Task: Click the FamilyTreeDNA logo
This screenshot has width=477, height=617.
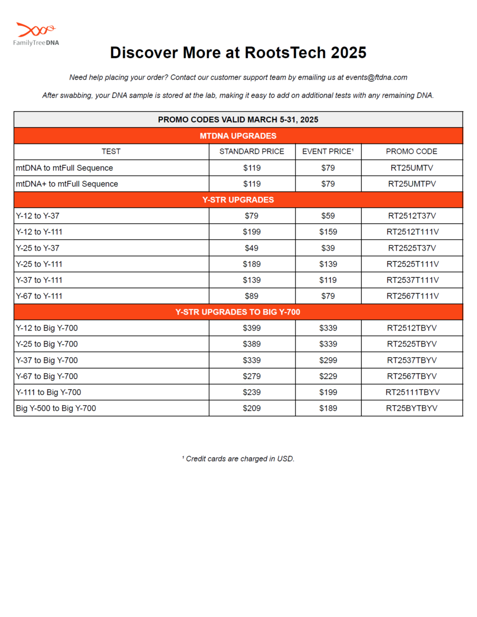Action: [x=36, y=34]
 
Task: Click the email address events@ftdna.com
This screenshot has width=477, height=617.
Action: [x=376, y=78]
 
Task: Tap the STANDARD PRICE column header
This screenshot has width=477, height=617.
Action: [x=252, y=152]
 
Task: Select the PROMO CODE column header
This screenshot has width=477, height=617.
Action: [x=412, y=152]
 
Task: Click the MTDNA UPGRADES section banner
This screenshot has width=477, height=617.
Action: [x=238, y=136]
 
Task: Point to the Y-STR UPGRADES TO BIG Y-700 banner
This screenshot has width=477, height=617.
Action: [x=238, y=312]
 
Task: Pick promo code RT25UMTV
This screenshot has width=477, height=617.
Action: [x=412, y=168]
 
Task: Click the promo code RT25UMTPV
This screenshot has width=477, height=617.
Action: [x=412, y=184]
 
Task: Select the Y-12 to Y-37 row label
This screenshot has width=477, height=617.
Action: [x=38, y=216]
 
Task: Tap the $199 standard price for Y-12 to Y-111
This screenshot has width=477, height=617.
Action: [x=252, y=232]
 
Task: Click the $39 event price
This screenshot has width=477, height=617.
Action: [x=328, y=248]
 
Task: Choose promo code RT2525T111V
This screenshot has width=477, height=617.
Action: [x=412, y=264]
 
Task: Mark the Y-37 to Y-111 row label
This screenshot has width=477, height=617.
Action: [x=40, y=280]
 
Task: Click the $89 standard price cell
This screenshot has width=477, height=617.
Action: [x=252, y=296]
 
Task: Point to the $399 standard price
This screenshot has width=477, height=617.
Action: [x=252, y=328]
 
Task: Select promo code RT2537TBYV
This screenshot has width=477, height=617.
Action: [x=412, y=360]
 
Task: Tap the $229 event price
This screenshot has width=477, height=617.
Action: [x=328, y=376]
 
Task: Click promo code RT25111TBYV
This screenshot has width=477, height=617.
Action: [x=412, y=392]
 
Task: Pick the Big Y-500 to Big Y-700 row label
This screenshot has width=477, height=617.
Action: [x=56, y=409]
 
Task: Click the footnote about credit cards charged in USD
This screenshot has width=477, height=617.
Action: [x=238, y=459]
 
